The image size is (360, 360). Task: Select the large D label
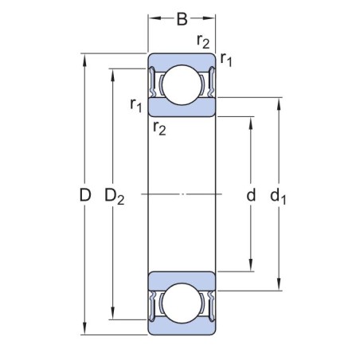(86, 194)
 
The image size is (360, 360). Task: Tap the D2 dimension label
(115, 196)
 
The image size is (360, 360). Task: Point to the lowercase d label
(251, 194)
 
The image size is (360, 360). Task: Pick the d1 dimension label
(279, 196)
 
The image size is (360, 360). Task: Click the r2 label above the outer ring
(204, 41)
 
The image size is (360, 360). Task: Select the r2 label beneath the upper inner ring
(159, 127)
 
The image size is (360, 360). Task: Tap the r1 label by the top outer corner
(227, 59)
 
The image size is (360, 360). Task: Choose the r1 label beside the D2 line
(136, 104)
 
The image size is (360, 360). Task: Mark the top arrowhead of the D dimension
(85, 58)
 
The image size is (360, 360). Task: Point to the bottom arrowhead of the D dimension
(85, 330)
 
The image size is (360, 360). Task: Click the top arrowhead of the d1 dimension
(279, 102)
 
